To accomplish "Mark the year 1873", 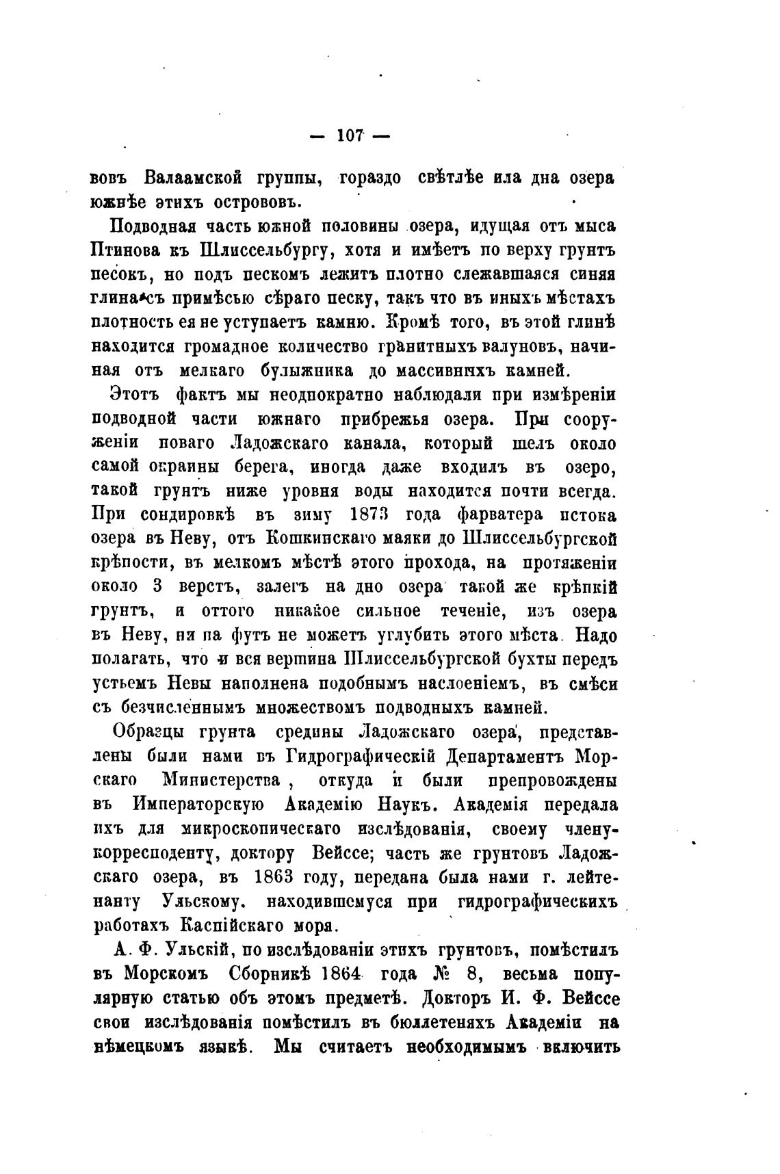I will (369, 514).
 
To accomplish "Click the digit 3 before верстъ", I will (157, 586).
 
